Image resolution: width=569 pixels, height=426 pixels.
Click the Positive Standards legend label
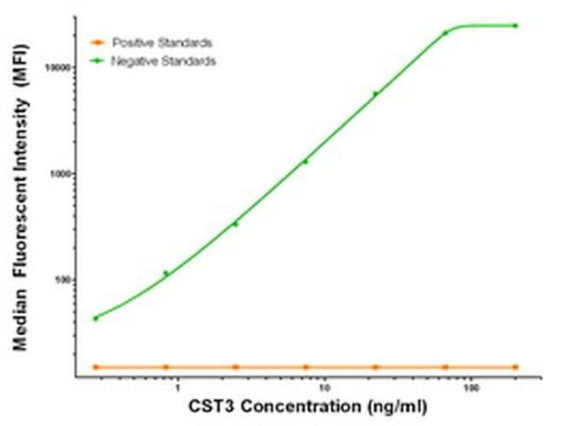tap(162, 42)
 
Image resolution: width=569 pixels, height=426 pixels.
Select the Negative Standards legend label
tap(165, 61)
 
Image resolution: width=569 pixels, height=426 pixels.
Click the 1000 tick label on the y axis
tap(59, 174)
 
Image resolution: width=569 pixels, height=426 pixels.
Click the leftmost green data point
tap(95, 318)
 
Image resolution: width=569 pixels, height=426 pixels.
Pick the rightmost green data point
tap(516, 25)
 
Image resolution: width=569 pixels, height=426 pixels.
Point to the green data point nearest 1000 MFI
tap(306, 161)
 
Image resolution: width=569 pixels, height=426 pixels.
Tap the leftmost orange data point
tap(95, 367)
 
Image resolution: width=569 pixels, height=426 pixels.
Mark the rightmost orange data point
tap(516, 367)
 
